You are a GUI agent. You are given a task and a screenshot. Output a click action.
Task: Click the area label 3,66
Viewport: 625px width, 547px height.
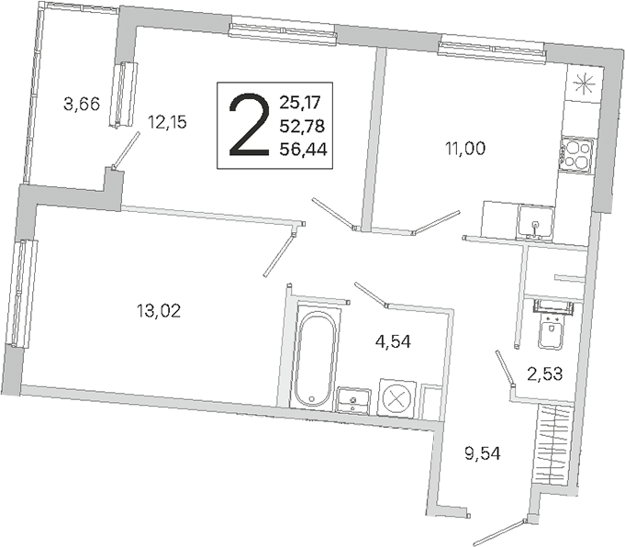[82, 105]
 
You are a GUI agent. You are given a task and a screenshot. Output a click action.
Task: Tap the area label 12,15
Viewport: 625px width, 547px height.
[167, 122]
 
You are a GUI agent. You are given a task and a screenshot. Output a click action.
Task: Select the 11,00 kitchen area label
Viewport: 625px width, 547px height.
[465, 149]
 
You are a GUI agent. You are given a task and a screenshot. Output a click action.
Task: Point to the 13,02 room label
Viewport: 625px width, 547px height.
[159, 310]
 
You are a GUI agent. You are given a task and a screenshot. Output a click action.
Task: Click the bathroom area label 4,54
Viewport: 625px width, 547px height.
[393, 341]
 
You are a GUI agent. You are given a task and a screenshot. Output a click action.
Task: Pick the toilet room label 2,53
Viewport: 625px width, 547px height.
[545, 374]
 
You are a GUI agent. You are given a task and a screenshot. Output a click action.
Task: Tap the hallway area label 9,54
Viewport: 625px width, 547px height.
[483, 453]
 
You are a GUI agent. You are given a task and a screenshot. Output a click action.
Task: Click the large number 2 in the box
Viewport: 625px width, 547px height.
[249, 125]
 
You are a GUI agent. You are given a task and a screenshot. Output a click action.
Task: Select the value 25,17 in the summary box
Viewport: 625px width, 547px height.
[300, 103]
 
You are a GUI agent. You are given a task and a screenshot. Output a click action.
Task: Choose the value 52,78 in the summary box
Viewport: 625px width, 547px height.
[302, 127]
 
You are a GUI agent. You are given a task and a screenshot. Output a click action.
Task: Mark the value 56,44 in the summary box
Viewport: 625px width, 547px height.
[304, 150]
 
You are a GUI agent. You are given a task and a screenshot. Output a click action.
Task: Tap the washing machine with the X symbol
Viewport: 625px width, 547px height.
[396, 398]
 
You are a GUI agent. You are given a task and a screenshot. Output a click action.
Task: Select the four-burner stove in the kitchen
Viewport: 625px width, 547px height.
[576, 155]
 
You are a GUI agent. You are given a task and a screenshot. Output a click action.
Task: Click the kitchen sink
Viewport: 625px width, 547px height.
[535, 223]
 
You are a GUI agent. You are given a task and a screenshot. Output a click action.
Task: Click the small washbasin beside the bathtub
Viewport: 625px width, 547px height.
[353, 400]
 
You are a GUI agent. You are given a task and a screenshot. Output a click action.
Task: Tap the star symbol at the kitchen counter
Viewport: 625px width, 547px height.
[583, 84]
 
